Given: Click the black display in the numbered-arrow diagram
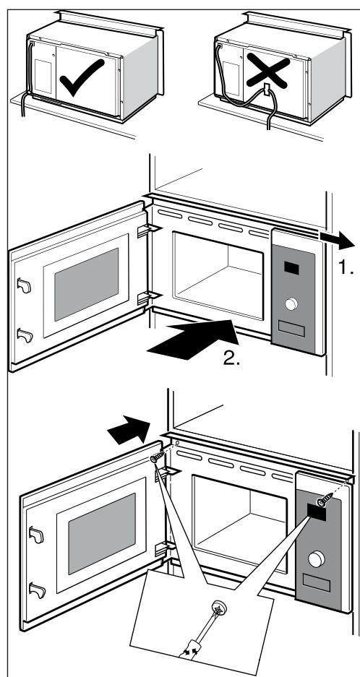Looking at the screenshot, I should point(293,268).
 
